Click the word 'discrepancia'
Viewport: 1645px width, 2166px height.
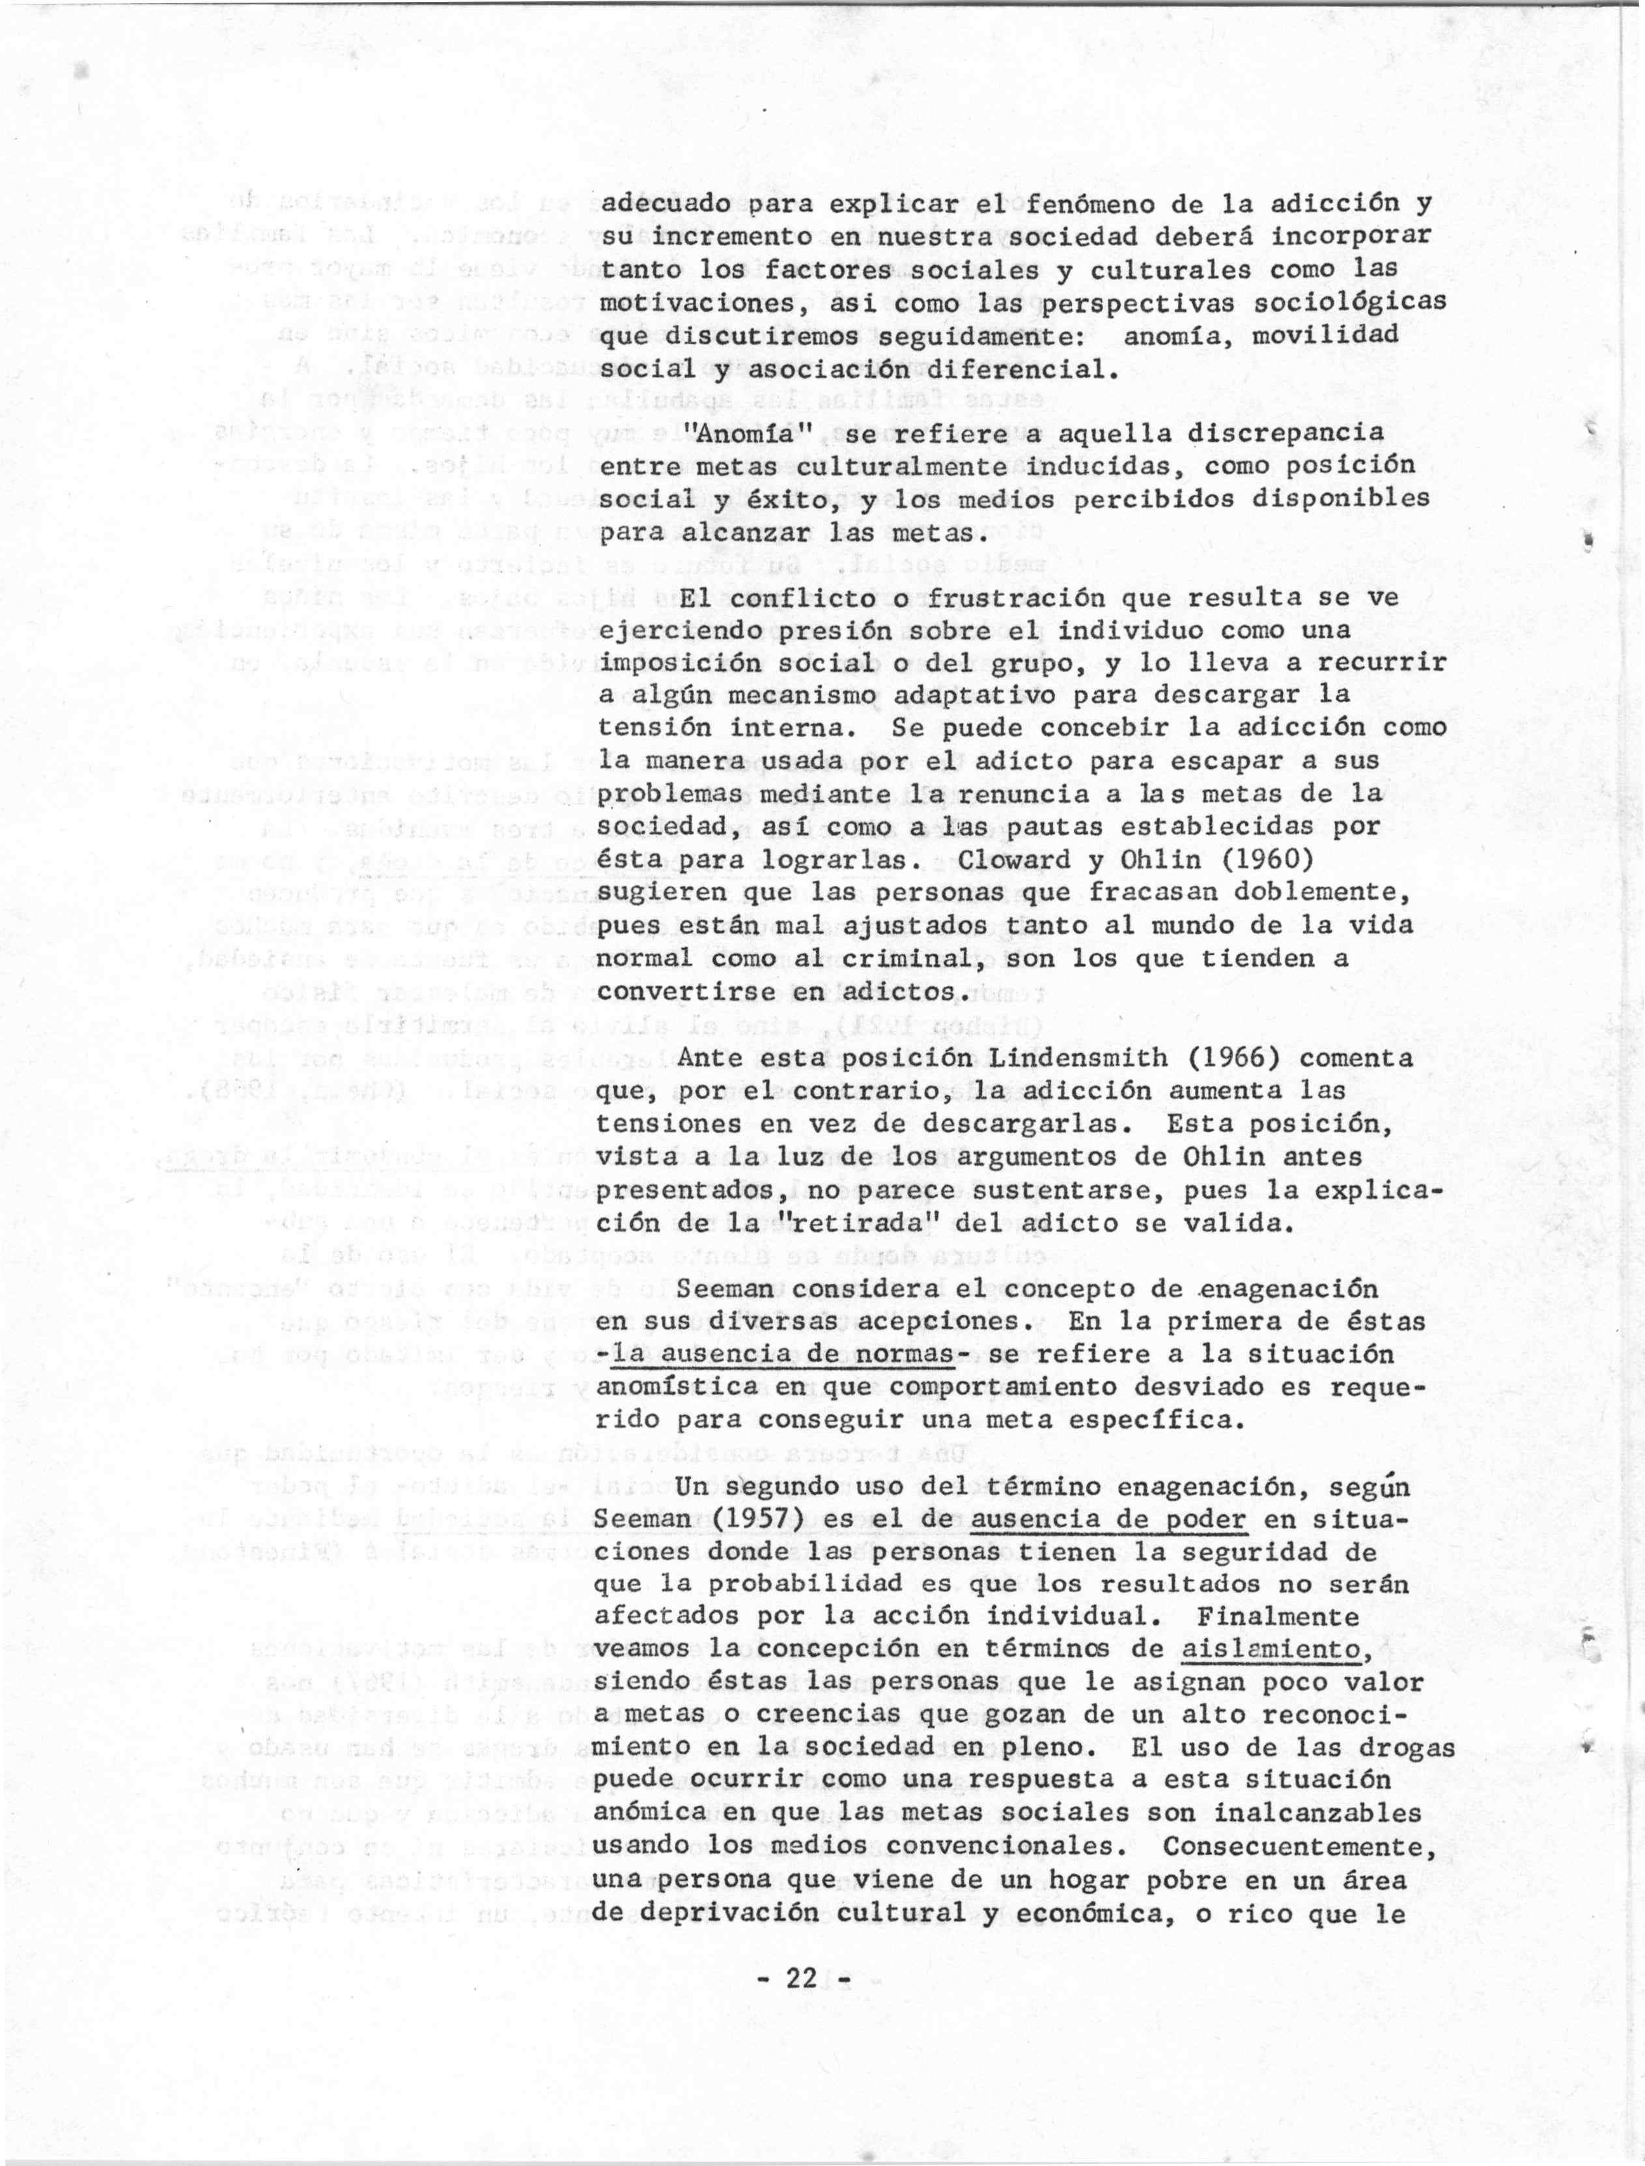1285,432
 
